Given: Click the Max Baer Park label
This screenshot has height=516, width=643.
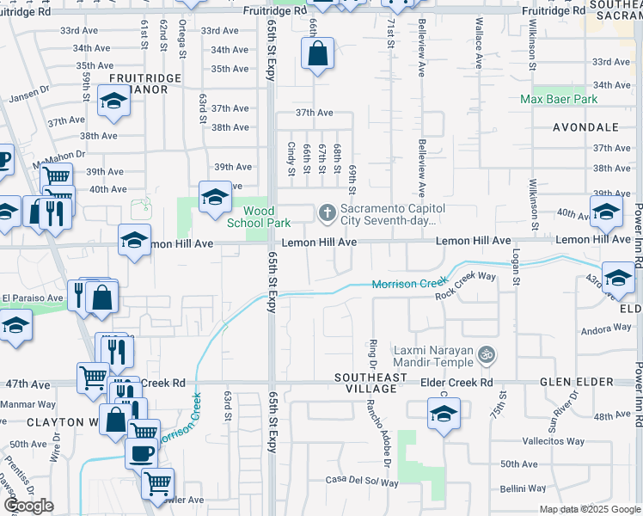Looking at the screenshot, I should (x=559, y=100).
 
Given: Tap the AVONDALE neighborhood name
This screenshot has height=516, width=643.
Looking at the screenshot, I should (x=585, y=127).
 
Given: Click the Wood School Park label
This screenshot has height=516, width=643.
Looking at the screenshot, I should (x=259, y=217).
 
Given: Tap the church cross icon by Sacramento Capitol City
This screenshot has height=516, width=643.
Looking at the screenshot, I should (x=327, y=212).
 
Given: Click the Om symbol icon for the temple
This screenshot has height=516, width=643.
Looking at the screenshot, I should (x=487, y=352).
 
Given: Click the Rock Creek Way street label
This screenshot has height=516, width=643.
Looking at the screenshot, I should (x=465, y=286).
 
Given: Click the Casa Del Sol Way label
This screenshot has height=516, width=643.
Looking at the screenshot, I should (x=362, y=482).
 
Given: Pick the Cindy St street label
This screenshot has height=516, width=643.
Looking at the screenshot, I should (x=291, y=158).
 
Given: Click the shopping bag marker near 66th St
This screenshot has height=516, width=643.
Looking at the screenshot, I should (x=317, y=53).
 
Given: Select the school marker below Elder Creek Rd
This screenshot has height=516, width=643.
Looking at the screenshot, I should (x=444, y=414).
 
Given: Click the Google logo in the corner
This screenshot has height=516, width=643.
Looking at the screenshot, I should (x=28, y=506).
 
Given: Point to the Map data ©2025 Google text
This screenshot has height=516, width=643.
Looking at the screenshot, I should (x=590, y=509).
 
